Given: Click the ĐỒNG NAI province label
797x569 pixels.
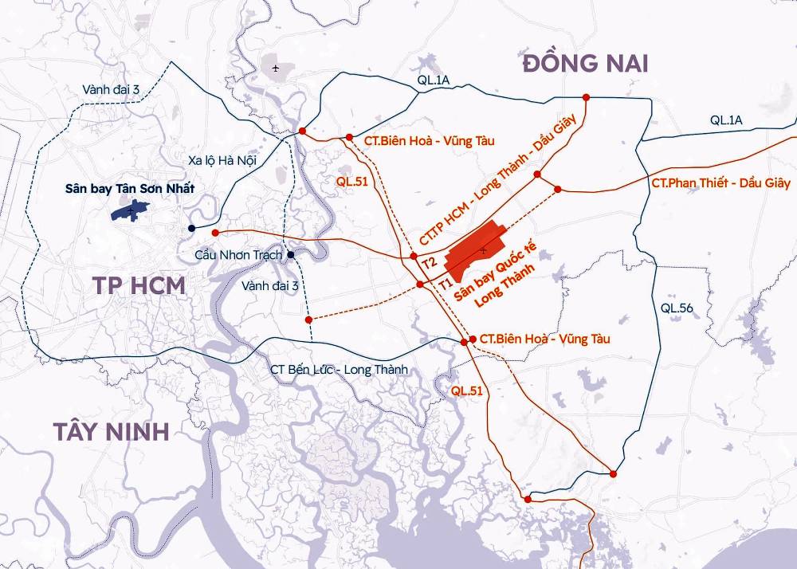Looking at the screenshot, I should click(585, 64).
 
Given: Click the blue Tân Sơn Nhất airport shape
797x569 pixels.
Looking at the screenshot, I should click(130, 210).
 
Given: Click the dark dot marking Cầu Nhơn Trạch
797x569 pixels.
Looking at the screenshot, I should click(292, 255).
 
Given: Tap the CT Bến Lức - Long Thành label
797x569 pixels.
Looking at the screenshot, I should click(339, 370).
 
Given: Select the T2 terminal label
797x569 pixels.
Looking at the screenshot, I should click(429, 261).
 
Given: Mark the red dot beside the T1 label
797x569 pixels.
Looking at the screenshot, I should click(420, 284).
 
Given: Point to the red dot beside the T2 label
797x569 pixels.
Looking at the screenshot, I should click(413, 257).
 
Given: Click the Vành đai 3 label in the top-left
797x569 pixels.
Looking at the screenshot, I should click(111, 90).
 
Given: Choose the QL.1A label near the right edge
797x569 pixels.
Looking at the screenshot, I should click(726, 120).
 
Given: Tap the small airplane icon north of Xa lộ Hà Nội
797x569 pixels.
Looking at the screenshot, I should click(276, 68).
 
